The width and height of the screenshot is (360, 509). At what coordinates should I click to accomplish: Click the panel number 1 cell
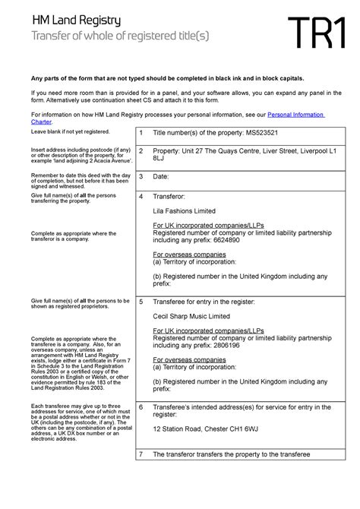click(141, 134)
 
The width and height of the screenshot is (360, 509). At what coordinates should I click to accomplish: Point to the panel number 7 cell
click(141, 454)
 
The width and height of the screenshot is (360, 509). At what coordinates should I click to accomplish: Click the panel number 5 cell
click(141, 302)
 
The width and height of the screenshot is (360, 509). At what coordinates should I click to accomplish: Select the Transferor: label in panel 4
click(170, 196)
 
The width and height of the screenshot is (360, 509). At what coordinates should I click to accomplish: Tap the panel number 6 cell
click(141, 407)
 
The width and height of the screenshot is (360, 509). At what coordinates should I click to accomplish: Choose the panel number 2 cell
click(141, 151)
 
